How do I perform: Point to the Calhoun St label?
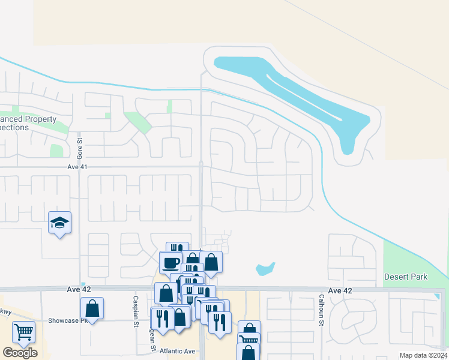[x=322, y=310]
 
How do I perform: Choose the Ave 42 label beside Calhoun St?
[x=340, y=290]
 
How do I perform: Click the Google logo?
[x=20, y=353]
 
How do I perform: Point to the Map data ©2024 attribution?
[x=423, y=355]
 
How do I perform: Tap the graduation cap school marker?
[x=59, y=223]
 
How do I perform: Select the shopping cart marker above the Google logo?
[x=23, y=332]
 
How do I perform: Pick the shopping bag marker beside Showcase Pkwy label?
[x=92, y=308]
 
